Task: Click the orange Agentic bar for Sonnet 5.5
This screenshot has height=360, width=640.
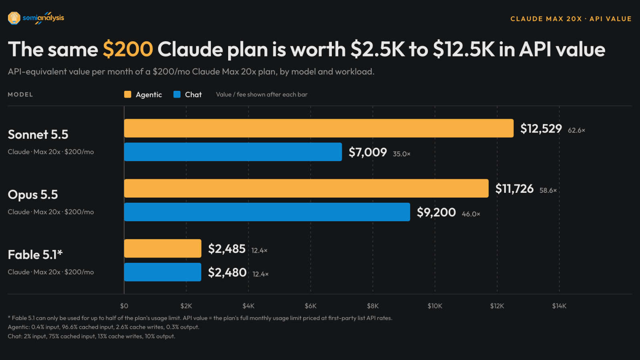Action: tap(319, 128)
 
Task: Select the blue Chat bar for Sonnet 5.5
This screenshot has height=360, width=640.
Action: tap(233, 152)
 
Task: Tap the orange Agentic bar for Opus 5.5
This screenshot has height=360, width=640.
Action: tap(306, 188)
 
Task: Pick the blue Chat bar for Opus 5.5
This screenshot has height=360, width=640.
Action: tap(267, 212)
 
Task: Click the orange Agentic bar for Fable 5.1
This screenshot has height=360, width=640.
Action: tap(163, 248)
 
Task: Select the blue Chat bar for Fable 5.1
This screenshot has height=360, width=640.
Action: tap(163, 272)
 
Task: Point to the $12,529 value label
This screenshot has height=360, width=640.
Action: tap(541, 128)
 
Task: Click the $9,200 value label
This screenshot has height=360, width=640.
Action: tap(436, 212)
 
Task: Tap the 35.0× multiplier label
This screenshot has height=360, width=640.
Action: tap(401, 154)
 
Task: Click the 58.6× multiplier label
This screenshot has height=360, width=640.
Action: tap(548, 190)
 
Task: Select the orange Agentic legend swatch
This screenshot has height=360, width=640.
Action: tap(128, 94)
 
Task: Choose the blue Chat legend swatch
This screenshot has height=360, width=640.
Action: tap(177, 94)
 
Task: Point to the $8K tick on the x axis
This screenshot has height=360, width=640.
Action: tap(373, 306)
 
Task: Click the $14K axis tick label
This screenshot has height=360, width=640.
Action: tap(559, 306)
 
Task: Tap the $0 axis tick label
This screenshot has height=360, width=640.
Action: tap(124, 306)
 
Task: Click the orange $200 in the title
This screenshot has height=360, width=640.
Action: tap(128, 49)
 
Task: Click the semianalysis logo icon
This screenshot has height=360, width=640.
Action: tap(14, 18)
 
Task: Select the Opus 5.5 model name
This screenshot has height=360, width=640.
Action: tap(33, 194)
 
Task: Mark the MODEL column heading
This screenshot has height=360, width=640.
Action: tap(20, 94)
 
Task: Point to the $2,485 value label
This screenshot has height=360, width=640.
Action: tap(227, 249)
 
